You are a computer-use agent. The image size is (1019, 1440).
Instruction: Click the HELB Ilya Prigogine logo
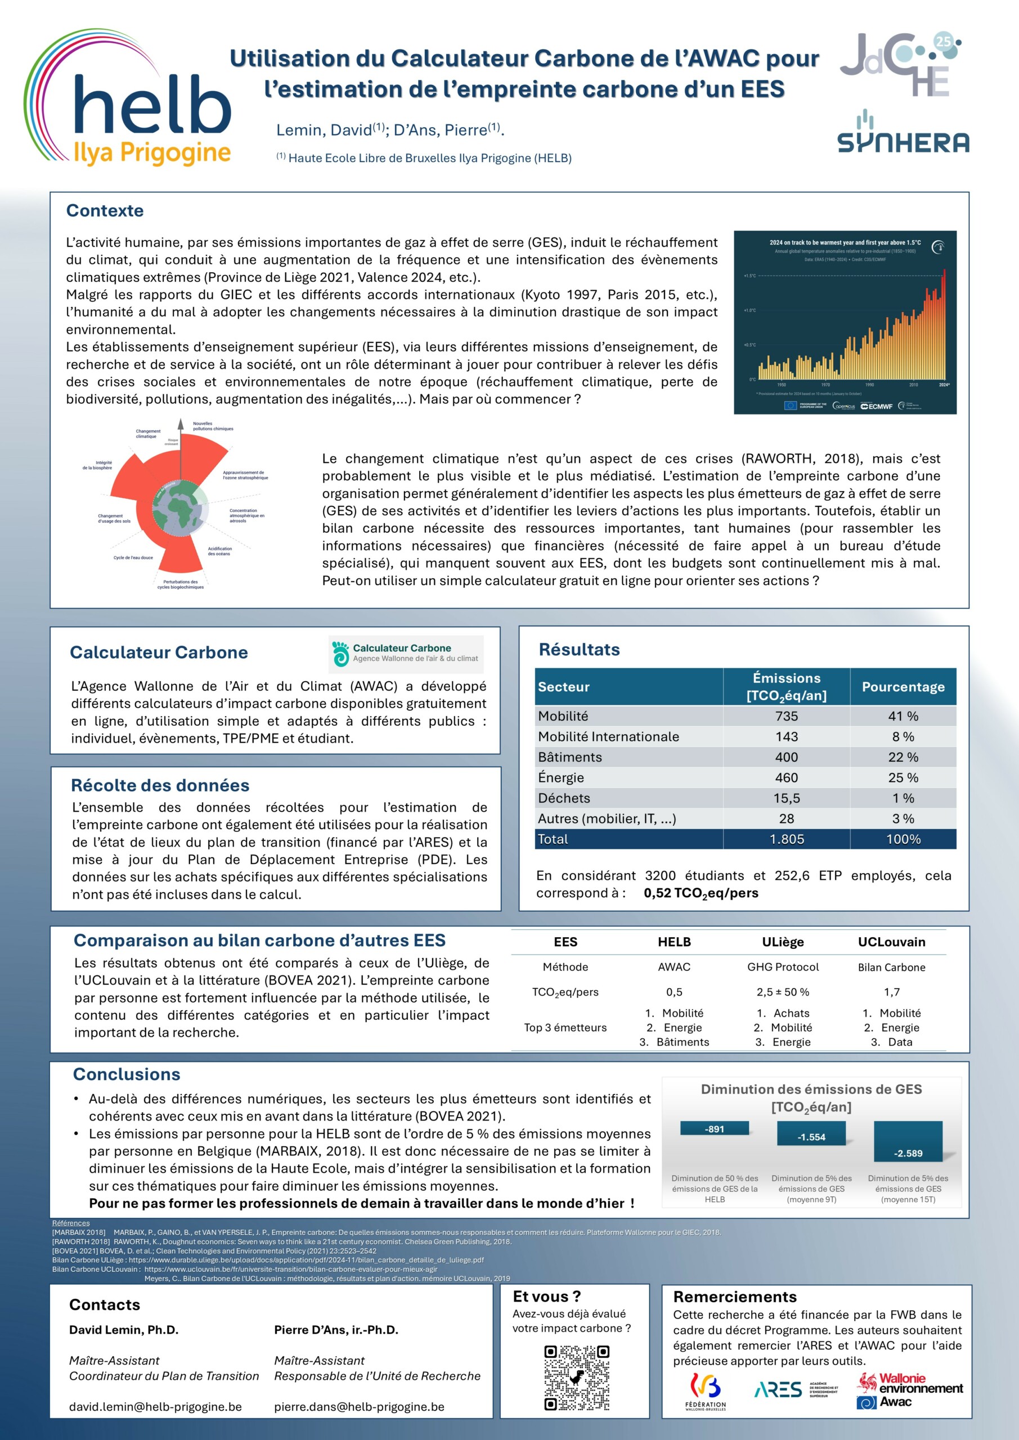tap(129, 100)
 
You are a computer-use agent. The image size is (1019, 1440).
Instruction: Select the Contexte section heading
tap(105, 211)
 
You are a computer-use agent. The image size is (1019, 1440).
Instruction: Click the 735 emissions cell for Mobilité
tap(786, 716)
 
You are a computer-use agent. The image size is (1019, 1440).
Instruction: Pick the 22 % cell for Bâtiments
tap(903, 757)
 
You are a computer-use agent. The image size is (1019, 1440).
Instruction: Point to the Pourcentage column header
tap(903, 687)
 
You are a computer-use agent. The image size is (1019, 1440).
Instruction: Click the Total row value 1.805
tap(786, 839)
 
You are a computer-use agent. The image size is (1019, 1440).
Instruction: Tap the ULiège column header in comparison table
tap(783, 942)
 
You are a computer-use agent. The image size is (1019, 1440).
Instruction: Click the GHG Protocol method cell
tap(783, 967)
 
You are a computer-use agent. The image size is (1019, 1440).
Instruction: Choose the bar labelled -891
tap(715, 1129)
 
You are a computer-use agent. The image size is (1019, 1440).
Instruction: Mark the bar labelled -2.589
tap(908, 1141)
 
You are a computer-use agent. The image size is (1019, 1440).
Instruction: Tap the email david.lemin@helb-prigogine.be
tap(155, 1407)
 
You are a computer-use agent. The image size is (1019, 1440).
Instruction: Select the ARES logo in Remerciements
tap(778, 1390)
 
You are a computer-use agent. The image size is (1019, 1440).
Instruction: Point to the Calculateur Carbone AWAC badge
tap(406, 654)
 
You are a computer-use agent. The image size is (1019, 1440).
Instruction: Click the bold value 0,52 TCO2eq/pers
tap(701, 893)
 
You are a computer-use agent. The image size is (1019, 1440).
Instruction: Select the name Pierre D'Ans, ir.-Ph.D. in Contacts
tap(336, 1330)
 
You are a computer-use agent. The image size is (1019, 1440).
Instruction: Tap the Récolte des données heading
tap(160, 785)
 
